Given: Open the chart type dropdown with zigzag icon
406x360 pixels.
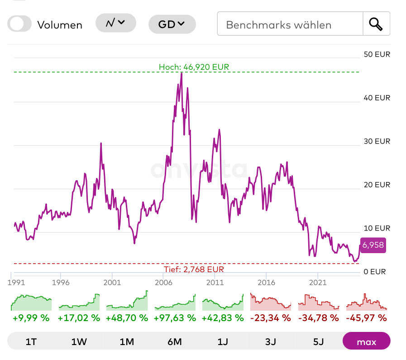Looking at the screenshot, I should [115, 23].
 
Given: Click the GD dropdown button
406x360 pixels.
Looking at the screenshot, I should [172, 24].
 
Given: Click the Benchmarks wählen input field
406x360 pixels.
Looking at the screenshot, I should [290, 24].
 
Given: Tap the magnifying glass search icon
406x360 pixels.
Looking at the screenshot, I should [376, 24].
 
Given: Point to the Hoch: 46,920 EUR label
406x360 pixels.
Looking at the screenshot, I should [194, 67].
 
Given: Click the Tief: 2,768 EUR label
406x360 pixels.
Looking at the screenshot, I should [194, 269].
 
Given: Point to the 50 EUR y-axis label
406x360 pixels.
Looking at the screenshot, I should [377, 54].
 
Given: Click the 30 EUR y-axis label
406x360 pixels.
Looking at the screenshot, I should [377, 141].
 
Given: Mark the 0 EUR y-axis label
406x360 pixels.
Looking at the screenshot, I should [375, 272].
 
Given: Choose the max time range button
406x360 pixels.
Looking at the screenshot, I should [366, 341].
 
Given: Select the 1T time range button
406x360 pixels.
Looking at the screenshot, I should [31, 341].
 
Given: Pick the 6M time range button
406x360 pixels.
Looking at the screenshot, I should [175, 341].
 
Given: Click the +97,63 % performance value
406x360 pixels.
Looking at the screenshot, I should [175, 318].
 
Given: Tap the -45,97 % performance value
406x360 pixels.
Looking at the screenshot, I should [366, 318].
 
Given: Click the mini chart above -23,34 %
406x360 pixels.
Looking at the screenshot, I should [270, 302].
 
